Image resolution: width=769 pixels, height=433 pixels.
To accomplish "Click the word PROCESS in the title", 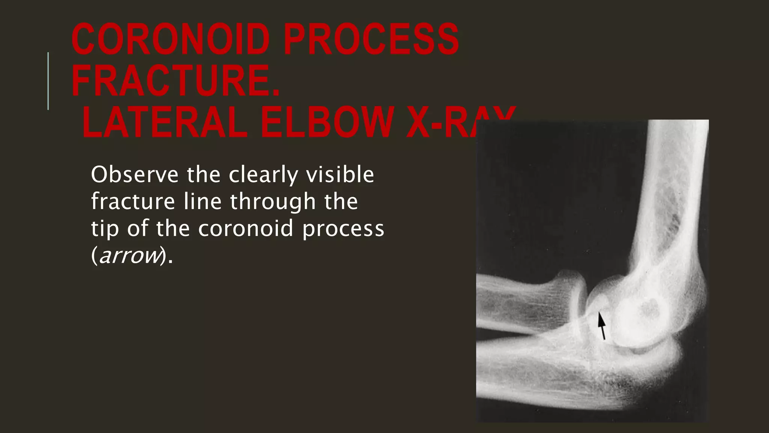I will pyautogui.click(x=371, y=39).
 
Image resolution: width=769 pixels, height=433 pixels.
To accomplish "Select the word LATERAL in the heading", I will pyautogui.click(x=165, y=123).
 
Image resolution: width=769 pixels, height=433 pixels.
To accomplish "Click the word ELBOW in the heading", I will pyautogui.click(x=326, y=123).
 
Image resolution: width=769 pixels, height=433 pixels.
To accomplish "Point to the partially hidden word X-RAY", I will pyautogui.click(x=443, y=123).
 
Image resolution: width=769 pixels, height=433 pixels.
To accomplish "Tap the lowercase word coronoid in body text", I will pyautogui.click(x=246, y=228).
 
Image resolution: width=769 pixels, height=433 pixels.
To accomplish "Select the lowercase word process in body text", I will pyautogui.click(x=343, y=228).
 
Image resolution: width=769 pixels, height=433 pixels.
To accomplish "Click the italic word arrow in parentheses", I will pyautogui.click(x=130, y=255).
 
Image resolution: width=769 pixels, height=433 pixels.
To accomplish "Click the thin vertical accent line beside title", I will pyautogui.click(x=48, y=81).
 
